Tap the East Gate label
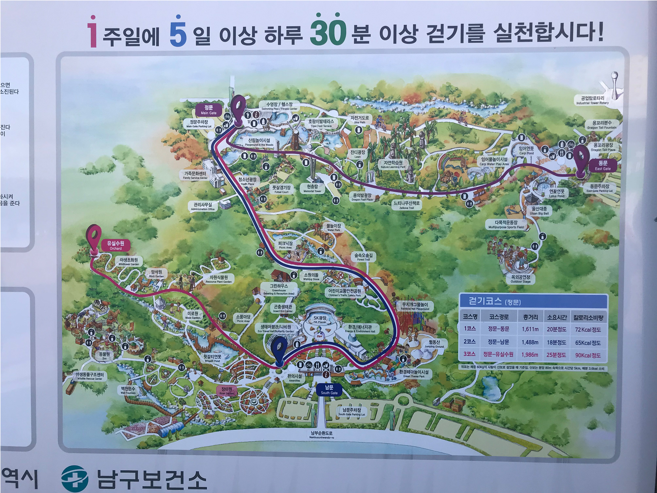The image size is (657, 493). coord(603,166)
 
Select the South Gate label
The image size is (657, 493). coord(329,390)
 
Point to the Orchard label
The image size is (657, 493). coord(116,246)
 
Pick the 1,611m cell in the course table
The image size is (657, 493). coord(530,329)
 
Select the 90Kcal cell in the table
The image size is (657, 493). coord(588,355)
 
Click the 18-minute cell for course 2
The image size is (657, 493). coord(556,342)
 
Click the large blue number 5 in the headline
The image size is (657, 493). coord(178,33)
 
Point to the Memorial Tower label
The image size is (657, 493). coord(312,188)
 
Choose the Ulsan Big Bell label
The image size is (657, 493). coord(539,211)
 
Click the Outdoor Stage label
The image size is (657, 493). coord(520,279)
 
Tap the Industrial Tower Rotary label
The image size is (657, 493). coord(592,100)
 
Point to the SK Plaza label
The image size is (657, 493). coord(320,320)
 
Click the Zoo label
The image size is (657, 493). coord(104,356)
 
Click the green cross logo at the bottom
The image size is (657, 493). coord(75,478)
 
